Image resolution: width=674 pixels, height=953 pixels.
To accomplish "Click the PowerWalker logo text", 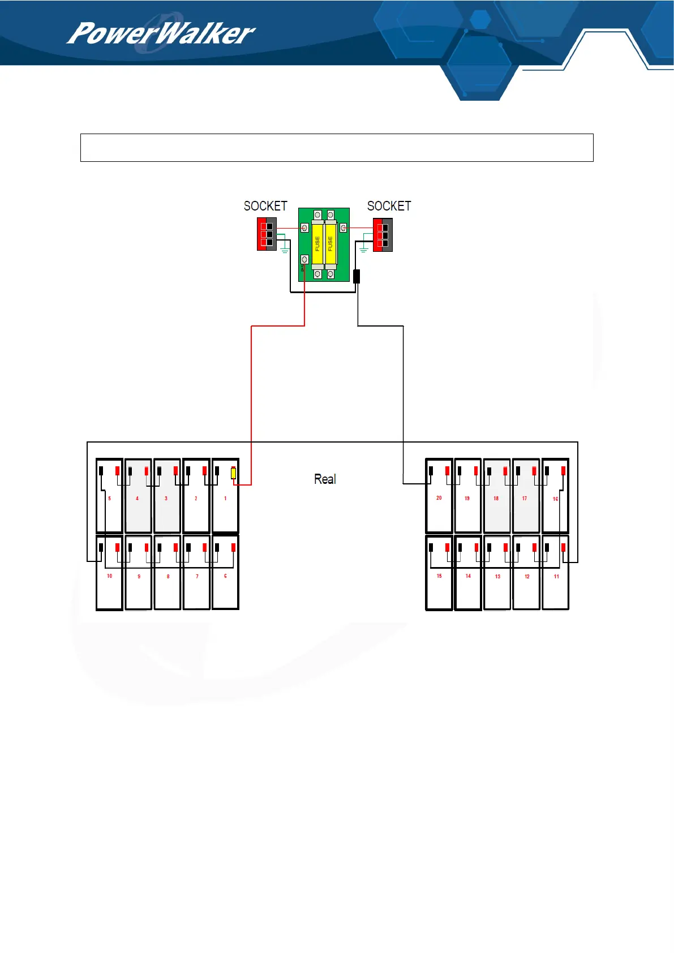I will [x=161, y=34].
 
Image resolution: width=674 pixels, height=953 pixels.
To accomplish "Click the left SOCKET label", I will [x=265, y=206].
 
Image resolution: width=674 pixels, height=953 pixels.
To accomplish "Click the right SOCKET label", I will [x=389, y=206].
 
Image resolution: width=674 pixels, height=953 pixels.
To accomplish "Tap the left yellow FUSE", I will [x=317, y=244].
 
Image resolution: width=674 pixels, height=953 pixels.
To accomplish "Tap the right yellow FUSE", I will [x=330, y=244].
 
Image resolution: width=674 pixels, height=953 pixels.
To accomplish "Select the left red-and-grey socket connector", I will [x=267, y=234].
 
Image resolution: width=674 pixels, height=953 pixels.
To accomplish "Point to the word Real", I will [x=325, y=479].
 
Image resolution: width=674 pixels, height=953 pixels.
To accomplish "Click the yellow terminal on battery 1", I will [x=233, y=473].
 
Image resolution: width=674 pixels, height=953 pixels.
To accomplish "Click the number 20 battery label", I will [x=439, y=498].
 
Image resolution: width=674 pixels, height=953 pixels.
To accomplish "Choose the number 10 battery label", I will [x=110, y=576].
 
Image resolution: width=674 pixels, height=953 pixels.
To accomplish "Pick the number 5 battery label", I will [x=110, y=499].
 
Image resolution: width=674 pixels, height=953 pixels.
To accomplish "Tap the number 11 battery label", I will [x=556, y=577].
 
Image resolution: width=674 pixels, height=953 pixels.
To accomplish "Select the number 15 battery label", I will [x=439, y=576].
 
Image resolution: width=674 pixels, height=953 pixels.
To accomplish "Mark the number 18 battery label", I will [x=496, y=499].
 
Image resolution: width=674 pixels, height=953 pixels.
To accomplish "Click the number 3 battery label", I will [x=166, y=499].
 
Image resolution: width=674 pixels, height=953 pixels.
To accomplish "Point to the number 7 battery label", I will [x=197, y=577].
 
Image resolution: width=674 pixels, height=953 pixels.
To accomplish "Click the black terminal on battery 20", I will [x=431, y=471].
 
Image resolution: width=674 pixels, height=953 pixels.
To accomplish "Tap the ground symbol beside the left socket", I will [x=285, y=250].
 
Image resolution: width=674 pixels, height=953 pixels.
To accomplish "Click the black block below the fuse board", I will [x=357, y=276].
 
